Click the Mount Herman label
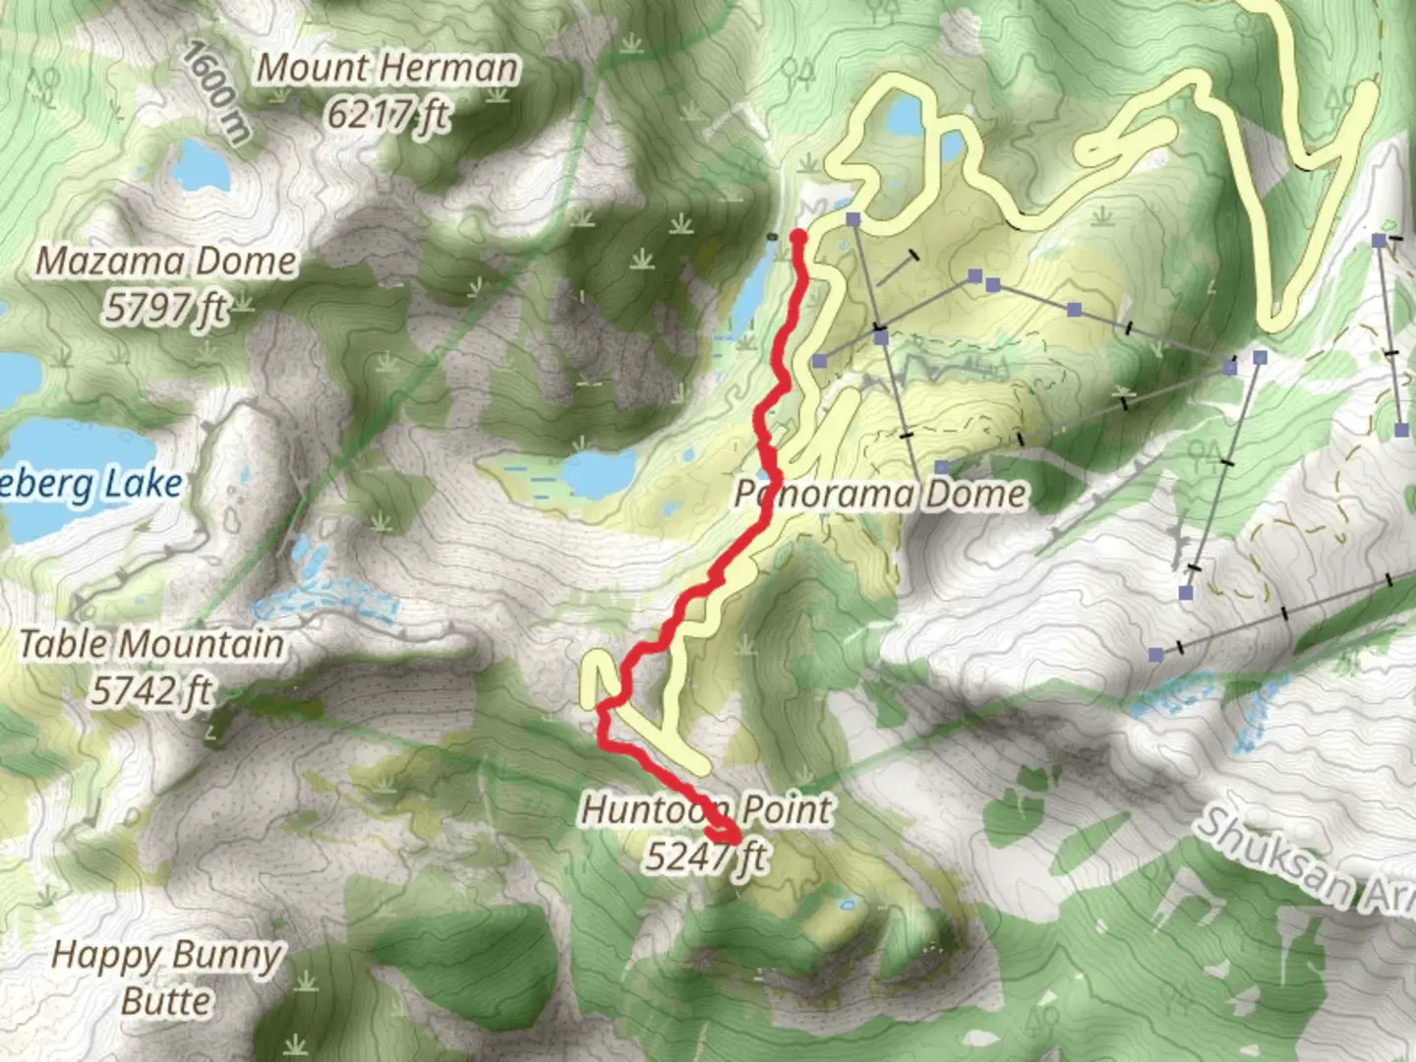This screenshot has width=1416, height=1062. point(386,68)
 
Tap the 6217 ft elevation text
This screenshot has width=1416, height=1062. point(388,116)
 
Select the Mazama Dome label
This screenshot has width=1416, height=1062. point(166,262)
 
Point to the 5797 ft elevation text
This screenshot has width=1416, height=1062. point(166,309)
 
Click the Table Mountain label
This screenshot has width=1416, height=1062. point(152,644)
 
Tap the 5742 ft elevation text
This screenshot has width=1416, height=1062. point(152,691)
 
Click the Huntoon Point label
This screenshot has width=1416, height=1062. point(706,810)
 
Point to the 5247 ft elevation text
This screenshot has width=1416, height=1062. point(706,856)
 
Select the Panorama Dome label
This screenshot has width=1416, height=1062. point(881,494)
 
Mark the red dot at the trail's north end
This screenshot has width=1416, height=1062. point(798,237)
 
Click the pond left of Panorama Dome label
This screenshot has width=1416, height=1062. point(598,473)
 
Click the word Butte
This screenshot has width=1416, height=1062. point(167,1001)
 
